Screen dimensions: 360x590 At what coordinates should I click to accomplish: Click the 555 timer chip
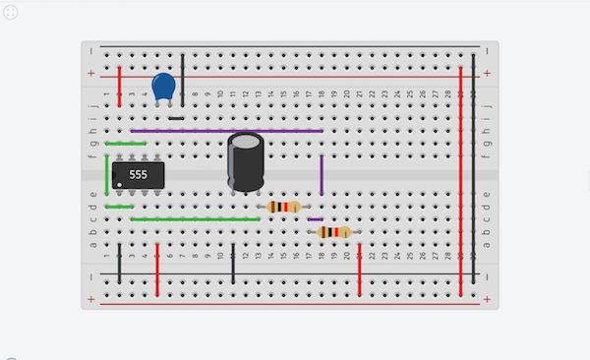(x=138, y=174)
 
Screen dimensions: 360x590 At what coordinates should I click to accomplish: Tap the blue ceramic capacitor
(x=164, y=87)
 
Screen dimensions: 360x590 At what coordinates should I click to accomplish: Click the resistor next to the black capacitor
(x=283, y=207)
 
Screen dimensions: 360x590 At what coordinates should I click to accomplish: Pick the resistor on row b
(x=334, y=232)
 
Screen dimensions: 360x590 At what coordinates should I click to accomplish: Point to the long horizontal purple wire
(x=226, y=130)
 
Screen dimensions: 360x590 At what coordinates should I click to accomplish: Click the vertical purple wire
(x=322, y=174)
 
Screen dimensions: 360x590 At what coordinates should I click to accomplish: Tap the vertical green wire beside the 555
(x=107, y=175)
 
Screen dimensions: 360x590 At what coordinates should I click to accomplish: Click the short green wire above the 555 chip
(x=125, y=144)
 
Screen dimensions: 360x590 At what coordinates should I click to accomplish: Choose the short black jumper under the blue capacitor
(x=176, y=118)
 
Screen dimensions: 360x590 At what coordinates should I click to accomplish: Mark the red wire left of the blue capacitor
(x=120, y=87)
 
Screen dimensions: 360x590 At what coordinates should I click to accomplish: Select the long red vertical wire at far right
(x=460, y=177)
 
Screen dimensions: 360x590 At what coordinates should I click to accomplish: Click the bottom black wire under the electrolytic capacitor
(x=233, y=264)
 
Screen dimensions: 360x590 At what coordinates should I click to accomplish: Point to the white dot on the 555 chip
(x=120, y=184)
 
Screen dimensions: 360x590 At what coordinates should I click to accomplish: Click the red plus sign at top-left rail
(x=91, y=74)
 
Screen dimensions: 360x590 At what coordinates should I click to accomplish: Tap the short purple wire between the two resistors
(x=315, y=218)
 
